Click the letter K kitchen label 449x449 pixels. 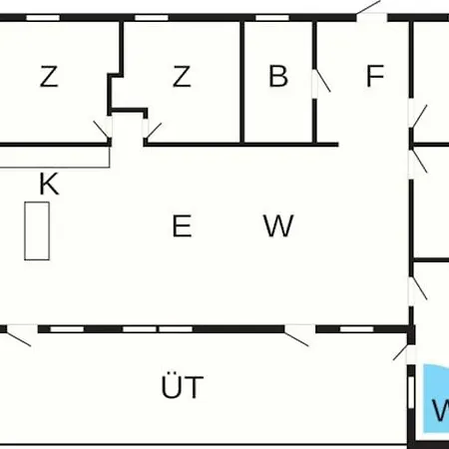coord(49,184)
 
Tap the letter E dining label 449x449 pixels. coord(182,225)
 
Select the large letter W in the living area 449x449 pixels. coord(278,225)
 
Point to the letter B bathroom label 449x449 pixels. coord(278,76)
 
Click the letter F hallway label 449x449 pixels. coord(375,76)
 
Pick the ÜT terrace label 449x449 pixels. coord(183,386)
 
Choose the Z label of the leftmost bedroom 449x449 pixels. coord(49,77)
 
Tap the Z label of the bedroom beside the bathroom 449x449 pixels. coord(182,77)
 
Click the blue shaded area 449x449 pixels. coord(436,399)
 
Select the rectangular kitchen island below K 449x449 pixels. coord(37,230)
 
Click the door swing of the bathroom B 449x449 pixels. coord(323,80)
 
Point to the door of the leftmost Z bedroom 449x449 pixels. coord(102,129)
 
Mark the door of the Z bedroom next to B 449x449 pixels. coord(154,131)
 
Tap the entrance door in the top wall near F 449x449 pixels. coord(368,7)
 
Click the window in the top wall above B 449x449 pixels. coord(272,18)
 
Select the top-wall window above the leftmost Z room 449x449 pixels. coord(43,18)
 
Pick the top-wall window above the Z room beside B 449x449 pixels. coord(152,18)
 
